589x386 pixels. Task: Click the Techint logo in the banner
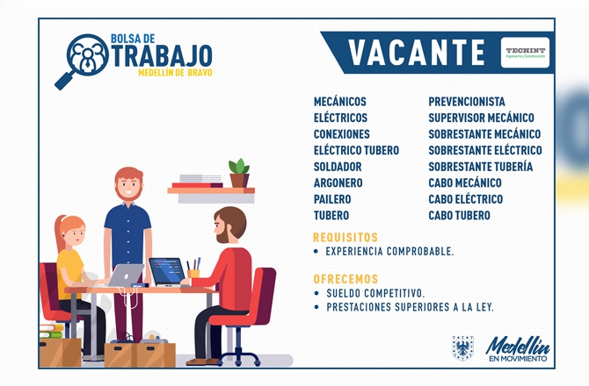click(x=525, y=53)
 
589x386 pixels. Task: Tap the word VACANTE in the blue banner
click(x=417, y=53)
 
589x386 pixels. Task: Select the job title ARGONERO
click(x=338, y=182)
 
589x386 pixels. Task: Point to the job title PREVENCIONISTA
click(x=467, y=102)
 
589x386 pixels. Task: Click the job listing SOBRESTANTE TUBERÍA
click(x=481, y=167)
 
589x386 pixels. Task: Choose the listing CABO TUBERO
click(x=460, y=216)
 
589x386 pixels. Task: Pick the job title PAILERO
click(x=332, y=199)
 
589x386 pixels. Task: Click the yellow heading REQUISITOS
click(x=345, y=237)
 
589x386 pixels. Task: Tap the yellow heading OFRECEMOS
click(x=345, y=279)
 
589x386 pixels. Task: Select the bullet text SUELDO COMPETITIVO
click(x=375, y=293)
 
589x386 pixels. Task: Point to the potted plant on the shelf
click(x=239, y=173)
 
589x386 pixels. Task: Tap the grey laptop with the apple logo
click(x=126, y=275)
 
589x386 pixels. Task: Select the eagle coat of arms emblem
click(x=462, y=348)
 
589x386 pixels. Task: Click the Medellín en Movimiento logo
click(x=518, y=349)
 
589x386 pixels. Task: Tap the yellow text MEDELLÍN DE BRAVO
click(x=176, y=72)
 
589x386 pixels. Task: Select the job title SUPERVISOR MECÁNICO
click(x=481, y=118)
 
